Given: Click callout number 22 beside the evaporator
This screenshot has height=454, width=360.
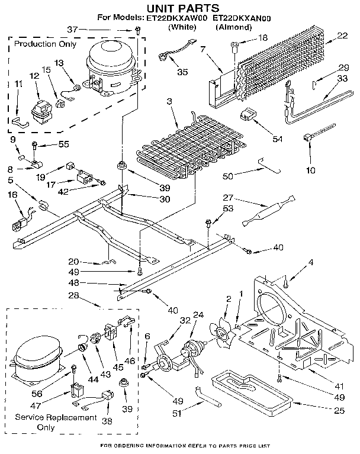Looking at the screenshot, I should click(x=342, y=37).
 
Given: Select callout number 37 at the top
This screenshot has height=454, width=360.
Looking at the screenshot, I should click(x=122, y=30).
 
